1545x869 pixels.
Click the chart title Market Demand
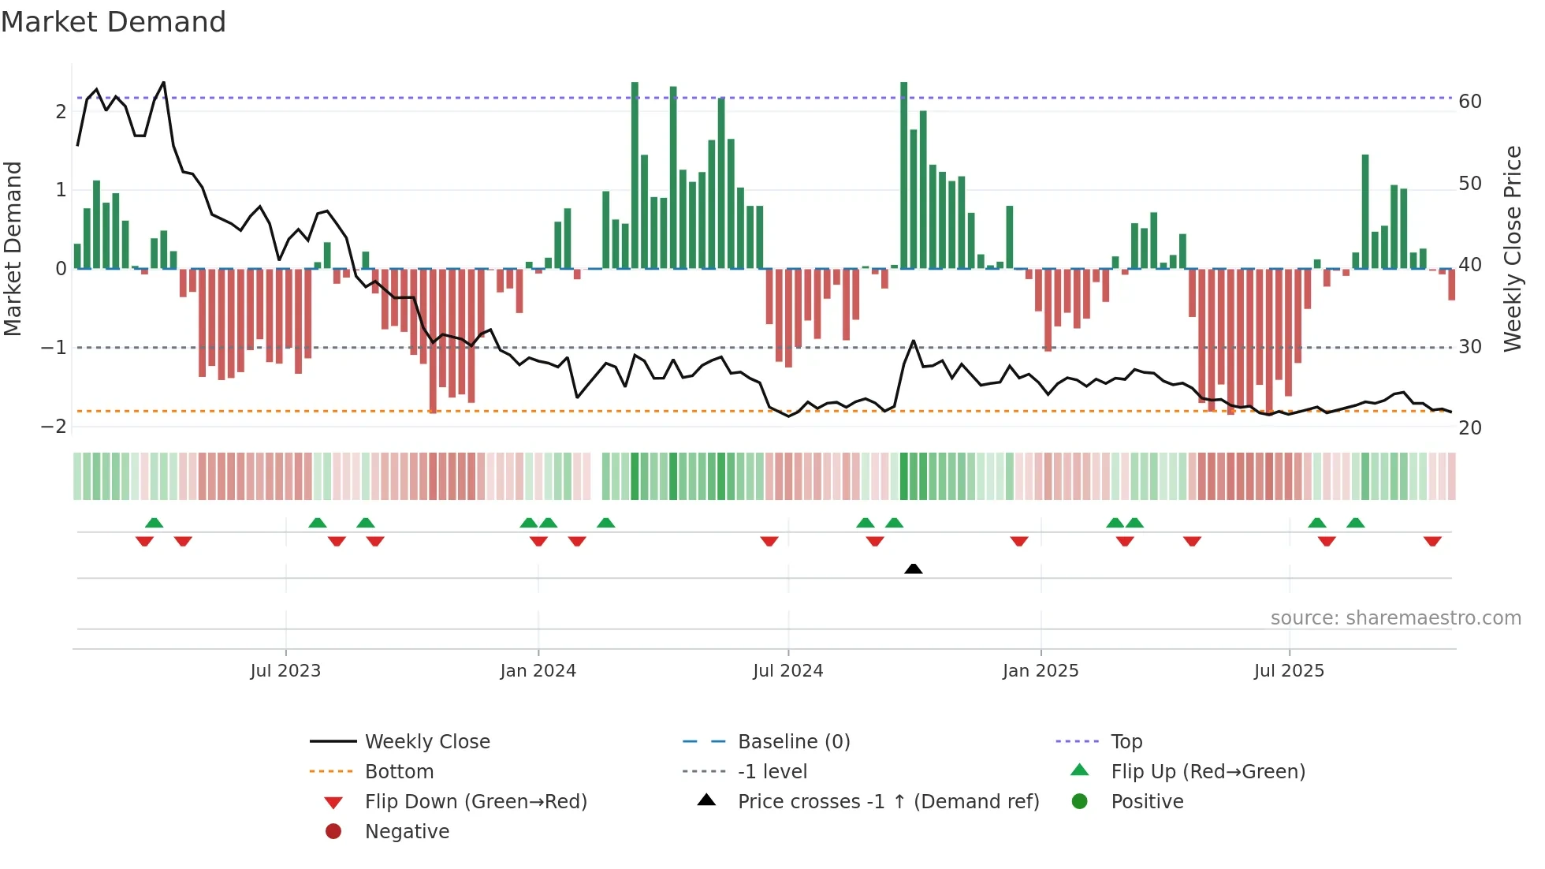click(114, 22)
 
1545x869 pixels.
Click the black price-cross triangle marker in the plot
click(913, 569)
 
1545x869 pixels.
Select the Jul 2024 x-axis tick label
click(787, 671)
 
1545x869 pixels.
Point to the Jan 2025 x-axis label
click(1040, 671)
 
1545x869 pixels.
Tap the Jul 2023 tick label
click(285, 671)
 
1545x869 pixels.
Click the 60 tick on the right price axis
click(1470, 102)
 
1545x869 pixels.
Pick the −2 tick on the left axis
click(54, 427)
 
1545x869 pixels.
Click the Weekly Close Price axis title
click(1512, 248)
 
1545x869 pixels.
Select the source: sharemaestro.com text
click(1395, 617)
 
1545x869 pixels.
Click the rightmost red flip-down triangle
click(1432, 541)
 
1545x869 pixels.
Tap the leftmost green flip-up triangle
click(154, 523)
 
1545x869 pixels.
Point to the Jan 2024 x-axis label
click(538, 671)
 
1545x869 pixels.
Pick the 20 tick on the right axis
click(1470, 428)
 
